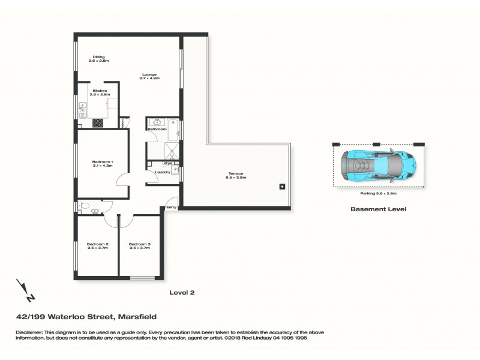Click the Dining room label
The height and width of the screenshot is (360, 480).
[98, 59]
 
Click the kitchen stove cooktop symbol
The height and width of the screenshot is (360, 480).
[97, 123]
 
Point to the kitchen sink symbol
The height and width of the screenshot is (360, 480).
[82, 110]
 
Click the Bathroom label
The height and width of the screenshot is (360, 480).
[157, 129]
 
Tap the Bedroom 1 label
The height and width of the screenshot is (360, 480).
[103, 163]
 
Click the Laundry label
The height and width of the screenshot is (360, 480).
[163, 173]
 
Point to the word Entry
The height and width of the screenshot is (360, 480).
[172, 208]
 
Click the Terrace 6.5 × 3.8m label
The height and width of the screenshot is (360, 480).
[235, 176]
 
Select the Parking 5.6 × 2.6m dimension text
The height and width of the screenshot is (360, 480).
[379, 194]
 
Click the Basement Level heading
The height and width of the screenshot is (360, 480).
[379, 210]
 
